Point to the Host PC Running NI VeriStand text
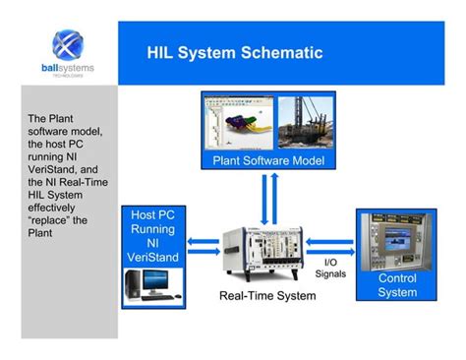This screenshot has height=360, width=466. tap(151, 237)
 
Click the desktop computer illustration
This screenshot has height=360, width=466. tap(151, 284)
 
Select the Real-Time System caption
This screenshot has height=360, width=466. tap(263, 295)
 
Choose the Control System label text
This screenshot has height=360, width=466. tap(397, 285)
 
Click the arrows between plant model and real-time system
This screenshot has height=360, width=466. tap(263, 196)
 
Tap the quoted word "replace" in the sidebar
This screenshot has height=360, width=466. tap(50, 219)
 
